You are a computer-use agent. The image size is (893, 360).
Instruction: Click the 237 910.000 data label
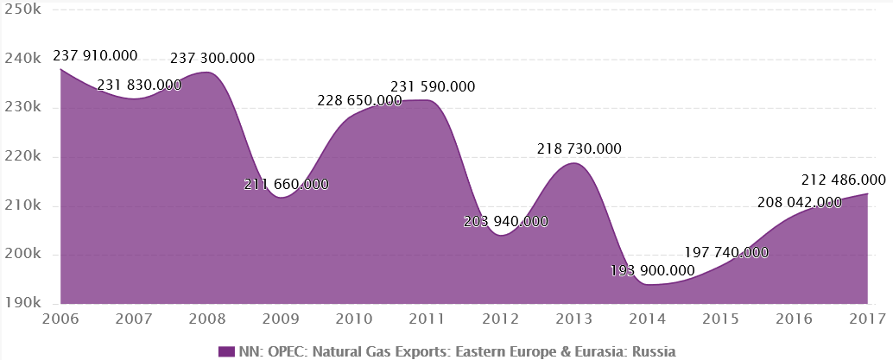(x=96, y=55)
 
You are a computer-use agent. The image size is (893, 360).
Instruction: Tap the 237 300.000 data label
(x=212, y=59)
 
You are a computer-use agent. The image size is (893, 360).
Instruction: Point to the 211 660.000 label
(x=287, y=184)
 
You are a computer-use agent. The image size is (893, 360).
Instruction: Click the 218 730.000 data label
(x=579, y=148)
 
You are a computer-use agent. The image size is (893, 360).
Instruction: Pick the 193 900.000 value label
(x=652, y=271)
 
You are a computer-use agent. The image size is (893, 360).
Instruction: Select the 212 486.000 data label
(x=844, y=180)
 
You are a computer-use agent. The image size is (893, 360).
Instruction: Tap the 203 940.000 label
(x=506, y=221)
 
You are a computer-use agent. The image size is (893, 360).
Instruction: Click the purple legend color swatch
(x=226, y=351)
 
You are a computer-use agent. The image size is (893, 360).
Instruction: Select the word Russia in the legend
(x=654, y=351)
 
